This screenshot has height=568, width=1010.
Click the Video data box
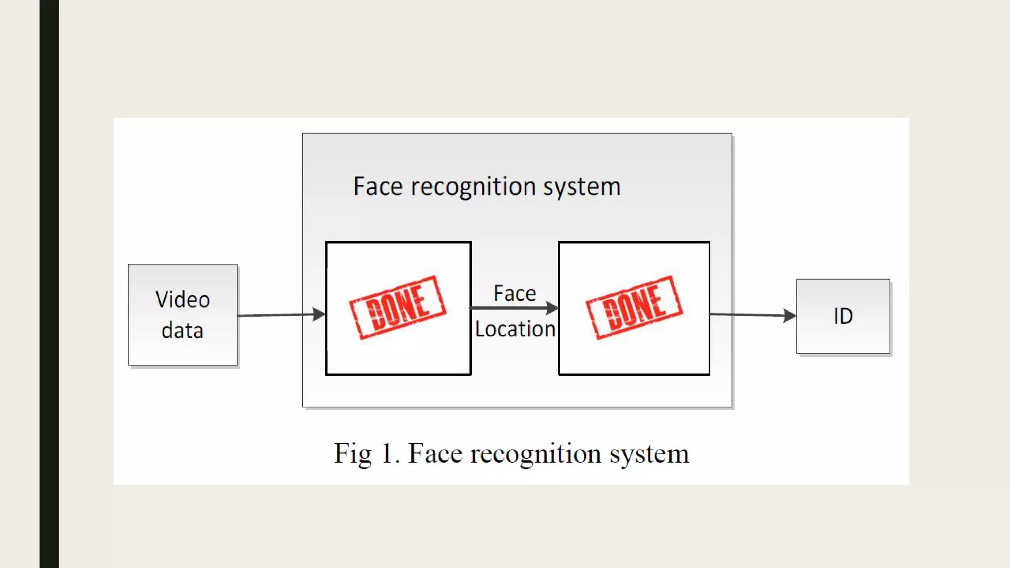point(182,315)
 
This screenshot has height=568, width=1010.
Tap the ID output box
point(843,316)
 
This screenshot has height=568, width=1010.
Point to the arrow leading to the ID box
point(752,315)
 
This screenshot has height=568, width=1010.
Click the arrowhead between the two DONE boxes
point(552,308)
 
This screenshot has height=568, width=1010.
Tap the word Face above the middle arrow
point(514,293)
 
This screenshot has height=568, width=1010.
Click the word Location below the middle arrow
point(515,329)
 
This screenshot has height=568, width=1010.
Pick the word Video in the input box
point(182,300)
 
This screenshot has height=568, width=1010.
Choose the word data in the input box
point(182,330)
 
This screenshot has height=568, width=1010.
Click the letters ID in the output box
point(843,316)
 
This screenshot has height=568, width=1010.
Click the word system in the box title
point(582,187)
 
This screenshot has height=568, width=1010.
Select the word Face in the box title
point(378,187)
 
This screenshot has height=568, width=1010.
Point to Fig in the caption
point(352,454)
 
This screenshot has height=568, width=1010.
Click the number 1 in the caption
point(387,453)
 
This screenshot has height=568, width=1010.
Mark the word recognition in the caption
point(536,454)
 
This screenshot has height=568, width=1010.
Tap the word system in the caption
point(649,454)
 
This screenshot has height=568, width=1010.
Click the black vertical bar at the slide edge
point(49,284)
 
